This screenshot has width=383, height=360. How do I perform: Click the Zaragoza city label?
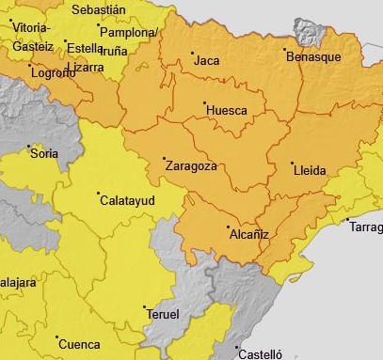click(191, 166)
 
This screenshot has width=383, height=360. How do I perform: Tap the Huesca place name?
click(226, 111)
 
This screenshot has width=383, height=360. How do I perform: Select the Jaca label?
click(206, 61)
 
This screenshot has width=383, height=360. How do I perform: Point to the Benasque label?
click(313, 57)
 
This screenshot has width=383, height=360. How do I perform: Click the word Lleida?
click(310, 170)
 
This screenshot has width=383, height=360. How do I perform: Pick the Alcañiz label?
click(249, 235)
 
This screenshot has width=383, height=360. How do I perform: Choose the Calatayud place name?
click(128, 201)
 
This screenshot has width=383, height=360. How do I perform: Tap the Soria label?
click(44, 153)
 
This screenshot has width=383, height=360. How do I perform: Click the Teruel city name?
click(163, 315)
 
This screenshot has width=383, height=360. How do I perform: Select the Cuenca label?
click(79, 344)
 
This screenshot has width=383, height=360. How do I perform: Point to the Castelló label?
click(261, 354)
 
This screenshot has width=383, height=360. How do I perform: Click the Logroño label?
click(53, 72)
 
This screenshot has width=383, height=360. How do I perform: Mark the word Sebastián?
click(98, 9)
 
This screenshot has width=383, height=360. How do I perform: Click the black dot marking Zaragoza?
click(164, 158)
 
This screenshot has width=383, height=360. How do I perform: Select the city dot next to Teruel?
click(144, 307)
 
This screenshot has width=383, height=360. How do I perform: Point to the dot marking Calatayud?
click(100, 194)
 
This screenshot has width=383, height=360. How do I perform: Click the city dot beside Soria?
click(28, 147)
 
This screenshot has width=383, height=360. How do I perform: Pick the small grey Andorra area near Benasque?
click(308, 33)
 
